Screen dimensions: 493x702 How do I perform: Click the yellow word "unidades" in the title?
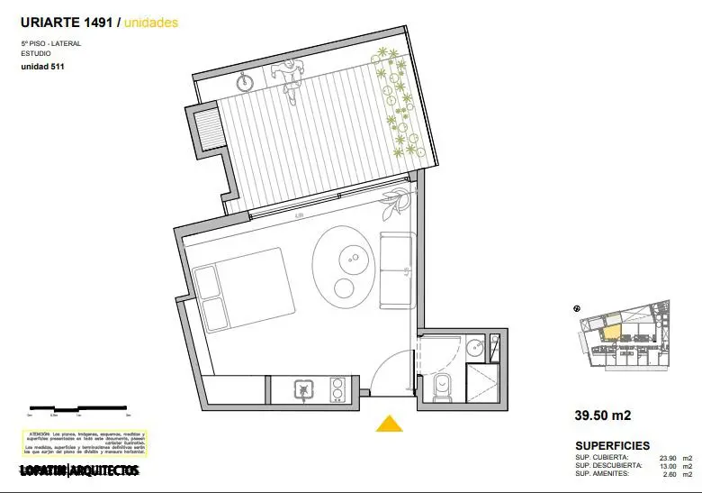coord(149,23)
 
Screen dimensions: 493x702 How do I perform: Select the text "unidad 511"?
coord(42,67)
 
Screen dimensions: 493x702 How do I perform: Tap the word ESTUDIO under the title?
coord(37,53)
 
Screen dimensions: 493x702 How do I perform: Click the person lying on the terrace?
coord(289,78)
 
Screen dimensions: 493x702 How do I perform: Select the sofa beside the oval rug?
coord(397,269)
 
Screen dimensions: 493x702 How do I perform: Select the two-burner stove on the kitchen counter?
coord(338,389)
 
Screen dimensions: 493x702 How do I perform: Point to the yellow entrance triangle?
coord(388,424)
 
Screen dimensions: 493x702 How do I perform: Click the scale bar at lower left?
coord(79,410)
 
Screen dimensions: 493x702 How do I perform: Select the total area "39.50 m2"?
coord(602,416)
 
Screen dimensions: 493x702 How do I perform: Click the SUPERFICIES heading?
coord(612,446)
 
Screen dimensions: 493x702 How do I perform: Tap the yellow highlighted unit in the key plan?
coord(611,329)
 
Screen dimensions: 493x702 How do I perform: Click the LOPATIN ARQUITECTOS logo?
coord(79,470)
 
